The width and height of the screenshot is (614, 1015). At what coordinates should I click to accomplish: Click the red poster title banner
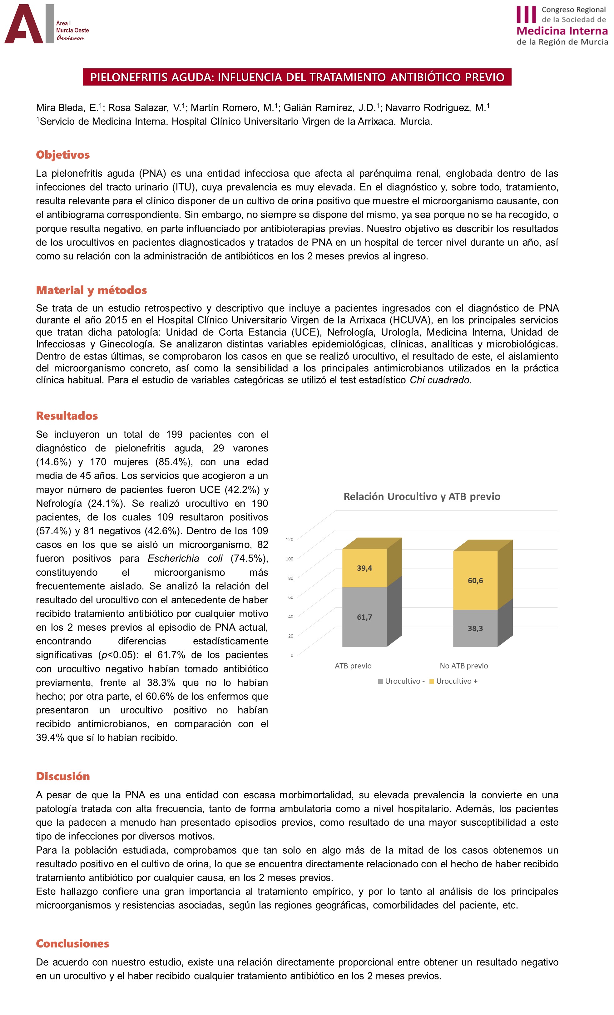pos(297,77)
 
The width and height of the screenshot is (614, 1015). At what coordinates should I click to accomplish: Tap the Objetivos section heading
pos(63,155)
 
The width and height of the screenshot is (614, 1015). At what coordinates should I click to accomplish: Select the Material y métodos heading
pos(91,290)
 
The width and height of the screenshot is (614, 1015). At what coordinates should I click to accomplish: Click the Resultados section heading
pos(67,416)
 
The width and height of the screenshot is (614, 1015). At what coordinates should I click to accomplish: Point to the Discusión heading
pos(63,776)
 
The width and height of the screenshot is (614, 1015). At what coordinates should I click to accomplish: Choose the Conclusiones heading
pos(72,943)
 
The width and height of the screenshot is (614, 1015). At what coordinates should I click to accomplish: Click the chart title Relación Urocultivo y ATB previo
pos(422,496)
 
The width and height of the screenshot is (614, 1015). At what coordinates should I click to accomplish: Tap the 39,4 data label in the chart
pos(364,568)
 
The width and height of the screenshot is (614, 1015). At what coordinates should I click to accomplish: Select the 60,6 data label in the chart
pos(475,580)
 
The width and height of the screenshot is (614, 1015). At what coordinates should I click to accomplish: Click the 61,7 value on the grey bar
pos(364,617)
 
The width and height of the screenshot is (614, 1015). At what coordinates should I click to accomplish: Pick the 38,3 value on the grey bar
pos(475,628)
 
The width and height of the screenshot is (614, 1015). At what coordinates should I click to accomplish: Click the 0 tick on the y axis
pos(292,655)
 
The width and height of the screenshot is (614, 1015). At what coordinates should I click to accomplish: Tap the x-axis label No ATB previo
pos(463,666)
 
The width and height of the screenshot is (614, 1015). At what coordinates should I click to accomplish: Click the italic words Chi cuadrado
pos(439,380)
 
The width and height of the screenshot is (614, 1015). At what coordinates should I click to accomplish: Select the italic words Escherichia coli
pos(185,559)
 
